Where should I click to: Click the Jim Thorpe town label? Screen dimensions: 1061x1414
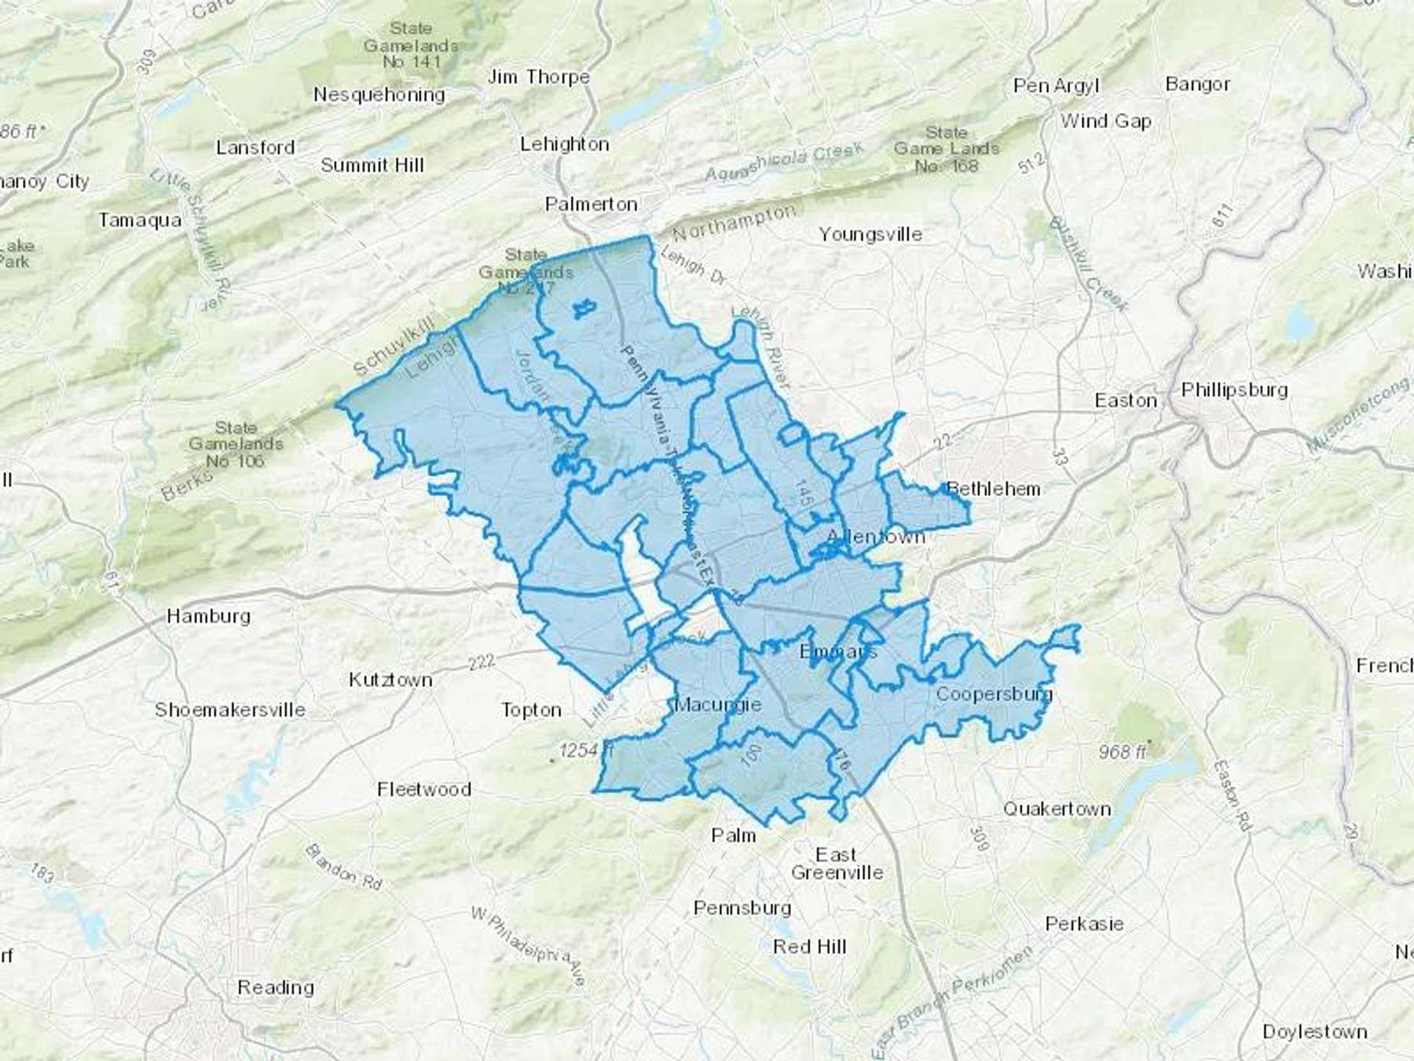538,77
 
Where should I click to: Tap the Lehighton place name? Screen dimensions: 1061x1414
564,144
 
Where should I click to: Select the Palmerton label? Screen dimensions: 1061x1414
591,204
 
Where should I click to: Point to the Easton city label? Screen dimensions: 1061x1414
1125,401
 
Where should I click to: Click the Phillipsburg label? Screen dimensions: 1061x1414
1234,390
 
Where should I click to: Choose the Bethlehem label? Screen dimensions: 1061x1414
994,489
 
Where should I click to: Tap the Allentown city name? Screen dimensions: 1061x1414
875,537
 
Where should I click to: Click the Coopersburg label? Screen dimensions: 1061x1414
993,694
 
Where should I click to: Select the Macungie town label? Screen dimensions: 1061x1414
717,704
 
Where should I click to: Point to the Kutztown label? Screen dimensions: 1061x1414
390,680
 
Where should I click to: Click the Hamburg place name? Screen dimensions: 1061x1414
208,615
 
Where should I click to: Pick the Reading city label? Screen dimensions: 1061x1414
275,987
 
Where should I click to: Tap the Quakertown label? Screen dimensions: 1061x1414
1057,809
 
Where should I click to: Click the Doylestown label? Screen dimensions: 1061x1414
1314,1032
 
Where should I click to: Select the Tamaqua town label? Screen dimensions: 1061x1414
139,220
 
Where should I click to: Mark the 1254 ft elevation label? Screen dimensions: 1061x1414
584,751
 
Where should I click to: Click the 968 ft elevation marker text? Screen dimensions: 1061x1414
1123,752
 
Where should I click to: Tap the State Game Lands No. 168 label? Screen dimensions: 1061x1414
946,149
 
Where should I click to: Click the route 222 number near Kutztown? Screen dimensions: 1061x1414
480,662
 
